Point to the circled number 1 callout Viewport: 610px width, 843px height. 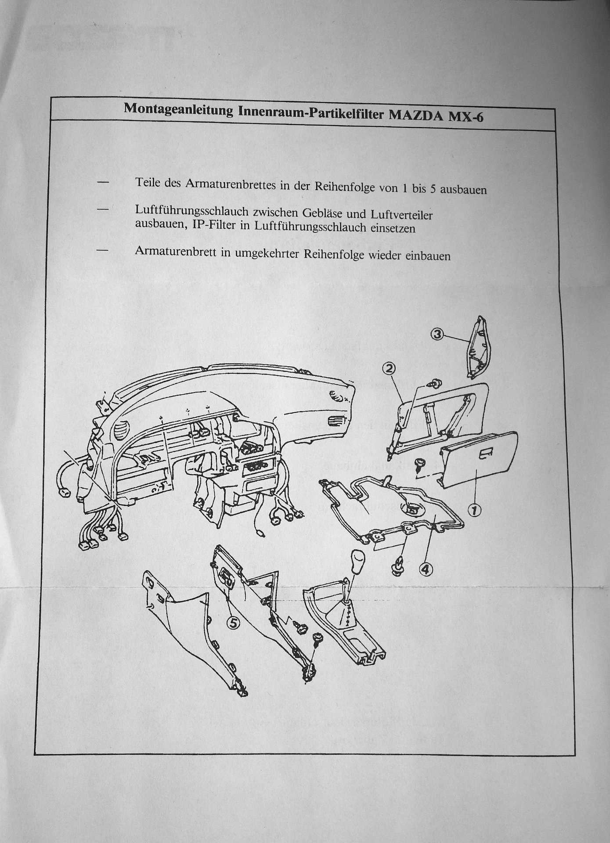pyautogui.click(x=475, y=510)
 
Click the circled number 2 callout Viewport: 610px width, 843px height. pyautogui.click(x=389, y=368)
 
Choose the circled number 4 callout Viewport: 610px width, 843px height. pyautogui.click(x=426, y=569)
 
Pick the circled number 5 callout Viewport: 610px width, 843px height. pyautogui.click(x=233, y=623)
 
